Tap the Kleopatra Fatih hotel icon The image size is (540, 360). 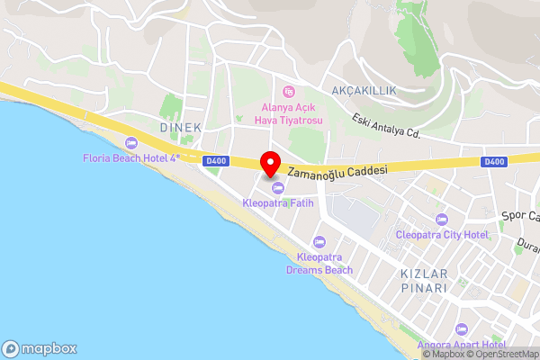(x=277, y=188)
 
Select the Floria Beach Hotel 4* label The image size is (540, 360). (x=131, y=157)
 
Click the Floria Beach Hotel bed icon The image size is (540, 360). (x=131, y=143)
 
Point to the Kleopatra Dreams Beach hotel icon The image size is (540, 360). (x=319, y=241)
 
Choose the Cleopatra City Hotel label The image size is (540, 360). (x=443, y=235)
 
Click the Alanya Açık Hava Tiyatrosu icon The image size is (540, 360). (x=288, y=91)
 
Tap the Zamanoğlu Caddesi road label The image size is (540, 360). (x=337, y=169)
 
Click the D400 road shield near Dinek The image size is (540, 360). (x=214, y=161)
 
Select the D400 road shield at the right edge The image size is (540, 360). (x=493, y=161)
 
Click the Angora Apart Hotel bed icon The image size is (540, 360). (x=462, y=328)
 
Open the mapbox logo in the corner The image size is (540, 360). (x=40, y=348)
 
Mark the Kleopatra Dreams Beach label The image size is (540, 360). (x=319, y=263)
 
